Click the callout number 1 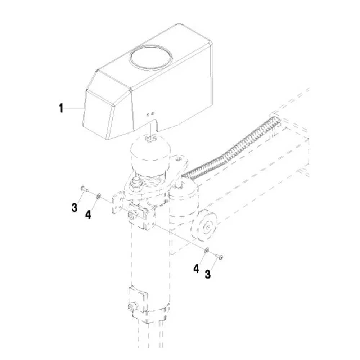click(x=61, y=108)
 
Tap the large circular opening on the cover click(x=150, y=57)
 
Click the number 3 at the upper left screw click(x=75, y=208)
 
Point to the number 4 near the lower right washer click(x=196, y=269)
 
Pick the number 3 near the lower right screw click(x=208, y=274)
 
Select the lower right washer click(x=207, y=250)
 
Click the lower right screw click(x=219, y=256)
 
